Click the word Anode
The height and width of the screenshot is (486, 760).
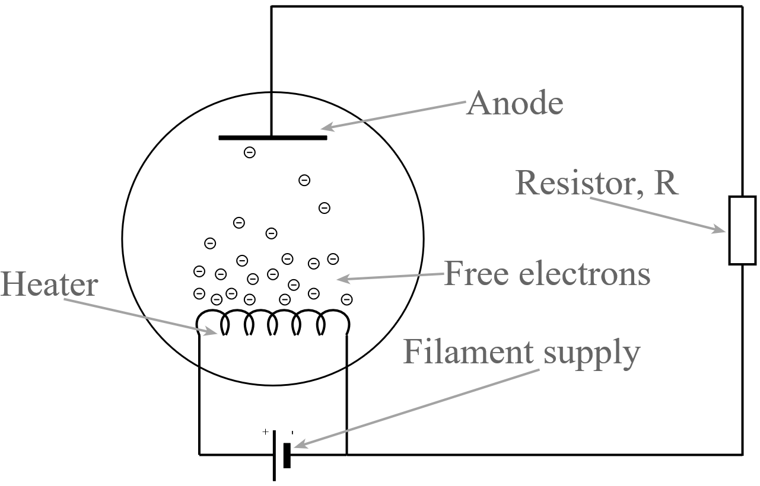point(514,104)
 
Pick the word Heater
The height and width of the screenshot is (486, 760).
point(49,285)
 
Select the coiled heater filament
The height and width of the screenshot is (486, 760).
point(272,322)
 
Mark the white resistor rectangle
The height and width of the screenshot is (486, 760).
point(742,230)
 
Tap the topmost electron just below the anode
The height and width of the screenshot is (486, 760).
point(250,152)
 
